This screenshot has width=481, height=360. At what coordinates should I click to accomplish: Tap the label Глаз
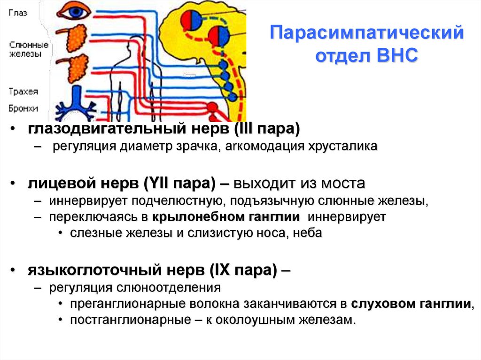click(x=18, y=13)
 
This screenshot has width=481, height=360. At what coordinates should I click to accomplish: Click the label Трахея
click(x=23, y=92)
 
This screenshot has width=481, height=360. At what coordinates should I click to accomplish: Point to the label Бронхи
click(x=23, y=108)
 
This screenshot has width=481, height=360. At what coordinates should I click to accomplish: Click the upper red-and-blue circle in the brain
click(x=192, y=20)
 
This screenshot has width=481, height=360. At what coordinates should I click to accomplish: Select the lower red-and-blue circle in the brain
click(x=219, y=36)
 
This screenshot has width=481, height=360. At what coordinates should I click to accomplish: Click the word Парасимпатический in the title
click(x=367, y=34)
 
